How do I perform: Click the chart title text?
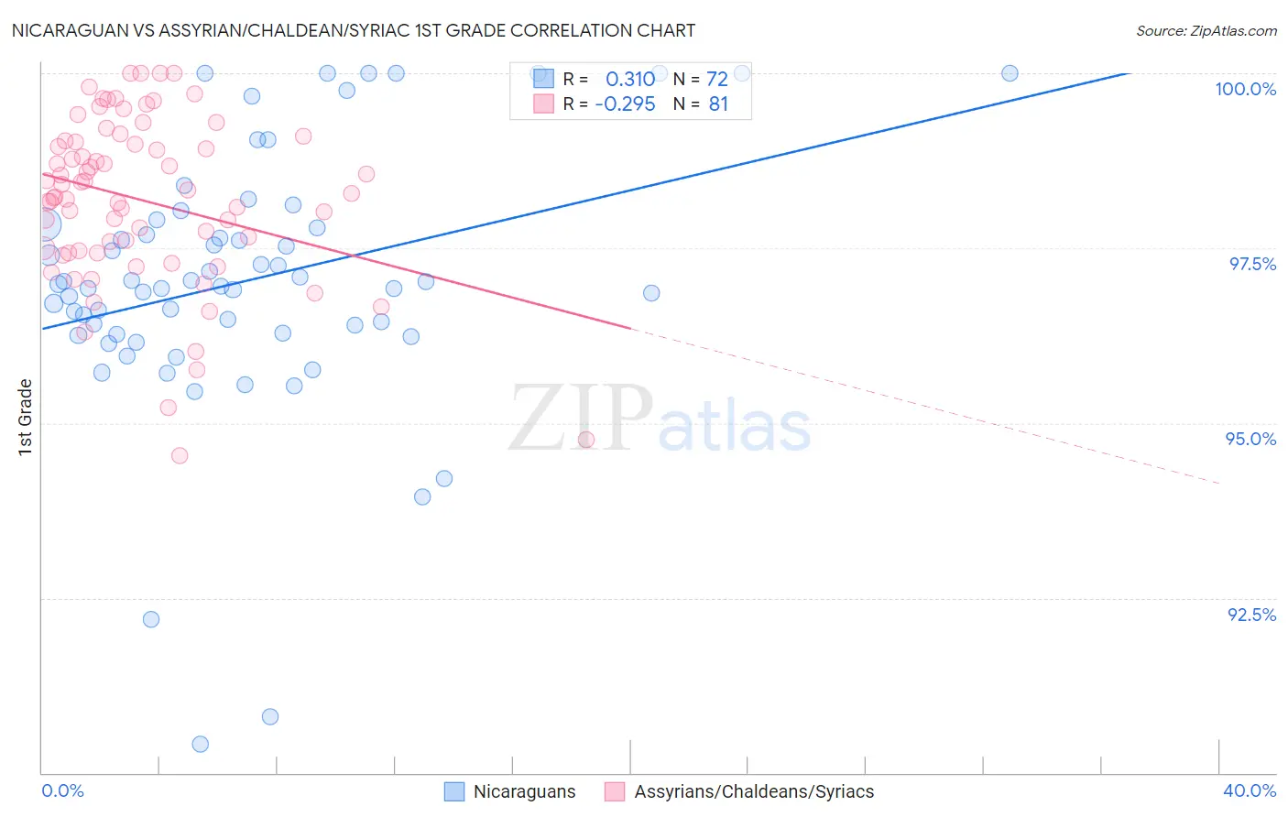(354, 30)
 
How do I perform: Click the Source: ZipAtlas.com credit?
(1206, 30)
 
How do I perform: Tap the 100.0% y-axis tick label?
(1245, 89)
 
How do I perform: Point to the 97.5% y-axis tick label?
(1251, 264)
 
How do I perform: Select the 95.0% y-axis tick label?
(1250, 439)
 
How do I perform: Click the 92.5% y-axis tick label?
(1251, 615)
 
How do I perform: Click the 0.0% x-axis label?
(62, 790)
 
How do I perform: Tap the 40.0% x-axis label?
(1249, 790)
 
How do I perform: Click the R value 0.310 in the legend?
(630, 80)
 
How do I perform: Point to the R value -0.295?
(625, 104)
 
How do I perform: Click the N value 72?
(716, 80)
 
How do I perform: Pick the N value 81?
(718, 104)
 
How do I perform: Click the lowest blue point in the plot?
(201, 744)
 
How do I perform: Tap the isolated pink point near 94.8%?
(586, 440)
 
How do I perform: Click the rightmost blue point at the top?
(1010, 73)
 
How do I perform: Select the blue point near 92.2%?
(151, 619)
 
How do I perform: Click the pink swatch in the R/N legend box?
(544, 103)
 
